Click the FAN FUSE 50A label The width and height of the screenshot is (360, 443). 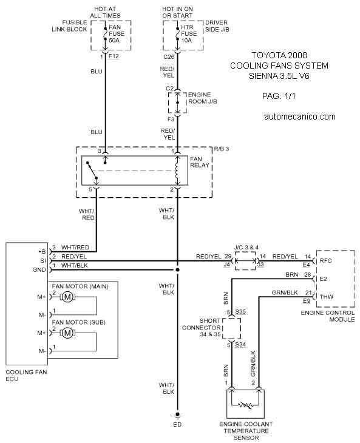117,34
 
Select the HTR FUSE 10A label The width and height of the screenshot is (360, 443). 188,34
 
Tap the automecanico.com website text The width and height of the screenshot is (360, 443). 300,117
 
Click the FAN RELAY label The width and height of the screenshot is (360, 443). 200,162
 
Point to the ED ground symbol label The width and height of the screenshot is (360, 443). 177,424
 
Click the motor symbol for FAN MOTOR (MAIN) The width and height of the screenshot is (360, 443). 67,297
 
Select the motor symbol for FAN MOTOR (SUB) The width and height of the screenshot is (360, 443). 67,333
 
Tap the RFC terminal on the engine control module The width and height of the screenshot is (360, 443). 325,261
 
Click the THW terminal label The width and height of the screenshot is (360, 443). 327,297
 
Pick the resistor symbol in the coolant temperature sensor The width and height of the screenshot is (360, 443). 245,405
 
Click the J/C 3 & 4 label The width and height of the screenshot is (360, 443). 246,248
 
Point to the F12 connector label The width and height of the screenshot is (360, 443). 114,56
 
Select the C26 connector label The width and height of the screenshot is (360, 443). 169,57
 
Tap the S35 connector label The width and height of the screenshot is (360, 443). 240,312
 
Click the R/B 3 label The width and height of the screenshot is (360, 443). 221,149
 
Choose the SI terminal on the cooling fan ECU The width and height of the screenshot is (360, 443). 43,261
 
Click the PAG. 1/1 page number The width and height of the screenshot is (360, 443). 279,96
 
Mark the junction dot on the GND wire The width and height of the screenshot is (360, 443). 177,270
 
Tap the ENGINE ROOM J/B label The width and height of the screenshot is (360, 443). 203,98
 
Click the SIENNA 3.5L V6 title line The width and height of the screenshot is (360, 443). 279,76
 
